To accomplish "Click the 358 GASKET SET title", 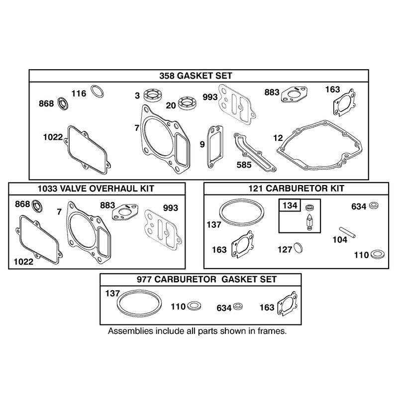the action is pos(196,76).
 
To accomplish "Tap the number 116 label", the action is pos(79,94).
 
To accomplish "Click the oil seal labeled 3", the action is pos(153,96).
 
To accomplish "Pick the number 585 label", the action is pos(244,165).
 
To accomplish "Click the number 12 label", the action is pos(278,138).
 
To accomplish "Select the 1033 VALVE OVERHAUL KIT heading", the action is pos(96,189).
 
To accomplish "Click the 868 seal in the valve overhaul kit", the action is pos(37,205).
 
